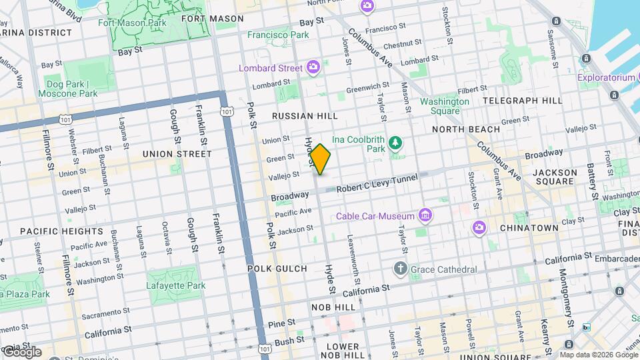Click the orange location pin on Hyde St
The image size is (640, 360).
(320, 159)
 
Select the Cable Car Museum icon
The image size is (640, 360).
(425, 215)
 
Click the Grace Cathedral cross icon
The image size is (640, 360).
(400, 269)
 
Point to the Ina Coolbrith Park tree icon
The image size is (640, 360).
(396, 142)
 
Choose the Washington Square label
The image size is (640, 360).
(444, 106)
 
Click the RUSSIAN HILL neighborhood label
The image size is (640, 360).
(305, 116)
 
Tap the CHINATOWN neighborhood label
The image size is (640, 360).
(532, 228)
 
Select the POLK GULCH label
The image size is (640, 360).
(277, 268)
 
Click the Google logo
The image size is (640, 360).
(21, 351)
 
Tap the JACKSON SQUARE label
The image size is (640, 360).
(555, 177)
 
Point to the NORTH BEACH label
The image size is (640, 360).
(465, 129)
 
